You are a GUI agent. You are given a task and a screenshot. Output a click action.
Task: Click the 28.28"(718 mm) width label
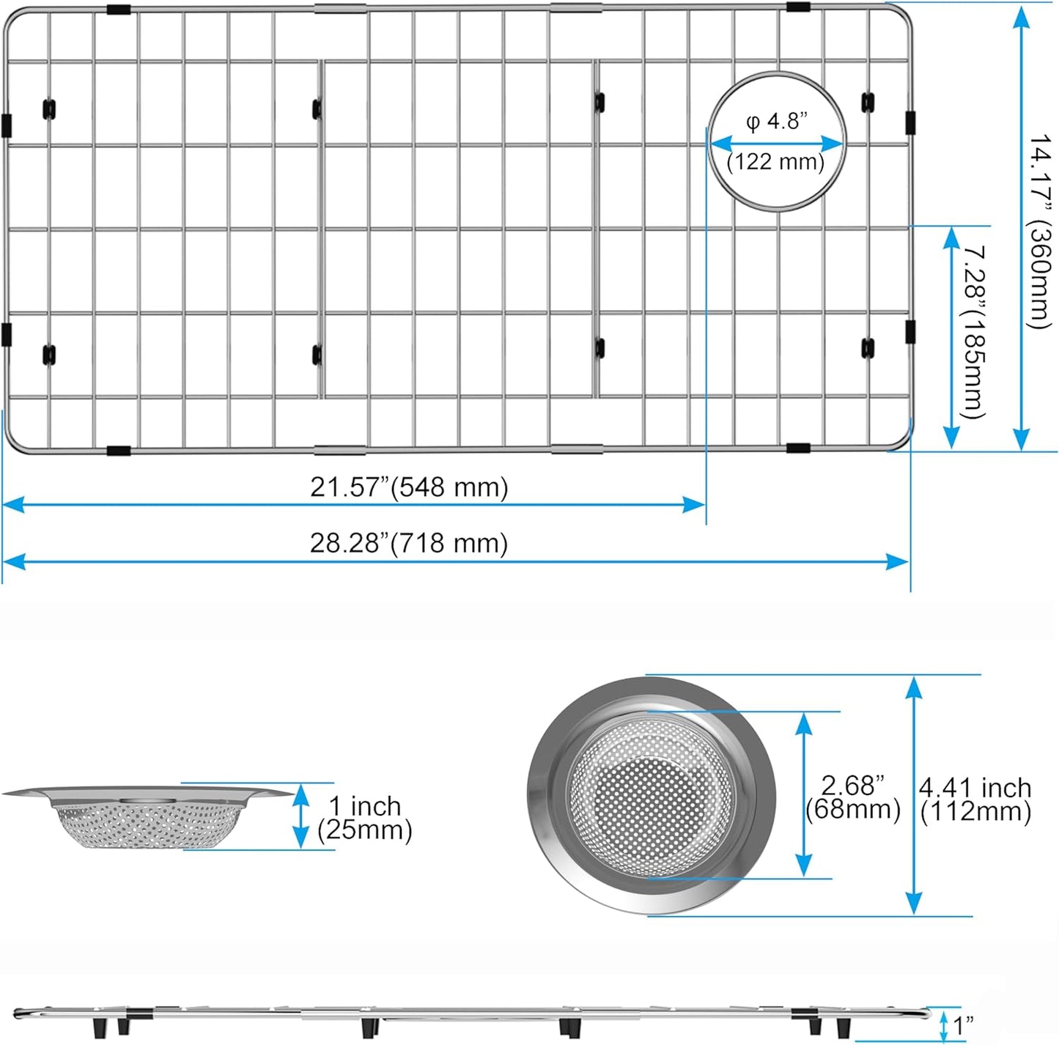pyautogui.click(x=408, y=544)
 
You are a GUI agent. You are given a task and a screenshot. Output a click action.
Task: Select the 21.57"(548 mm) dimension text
pyautogui.click(x=408, y=487)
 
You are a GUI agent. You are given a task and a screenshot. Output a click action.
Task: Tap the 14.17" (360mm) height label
pyautogui.click(x=1040, y=231)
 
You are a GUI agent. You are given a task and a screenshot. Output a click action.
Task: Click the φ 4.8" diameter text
pyautogui.click(x=776, y=121)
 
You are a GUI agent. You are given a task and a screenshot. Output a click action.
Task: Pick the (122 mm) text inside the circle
pyautogui.click(x=775, y=161)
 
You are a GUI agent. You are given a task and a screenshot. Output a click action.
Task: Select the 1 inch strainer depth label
pyautogui.click(x=364, y=806)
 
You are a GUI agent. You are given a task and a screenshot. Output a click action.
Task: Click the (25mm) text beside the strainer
pyautogui.click(x=364, y=830)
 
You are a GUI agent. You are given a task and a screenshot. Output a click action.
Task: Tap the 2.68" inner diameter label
pyautogui.click(x=852, y=786)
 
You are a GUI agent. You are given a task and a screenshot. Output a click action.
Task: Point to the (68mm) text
pyautogui.click(x=852, y=810)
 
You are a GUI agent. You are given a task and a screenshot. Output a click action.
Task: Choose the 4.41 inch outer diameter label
pyautogui.click(x=975, y=788)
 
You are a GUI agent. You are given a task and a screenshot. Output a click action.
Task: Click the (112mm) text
pyautogui.click(x=975, y=812)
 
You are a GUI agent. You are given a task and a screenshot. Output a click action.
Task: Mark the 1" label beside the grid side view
pyautogui.click(x=962, y=1025)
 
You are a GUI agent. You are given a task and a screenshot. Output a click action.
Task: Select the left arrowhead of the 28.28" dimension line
pyautogui.click(x=13, y=562)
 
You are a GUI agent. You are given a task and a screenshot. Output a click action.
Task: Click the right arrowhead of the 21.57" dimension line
pyautogui.click(x=695, y=504)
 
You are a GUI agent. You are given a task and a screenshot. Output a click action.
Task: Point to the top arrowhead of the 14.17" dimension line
pyautogui.click(x=1021, y=18)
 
